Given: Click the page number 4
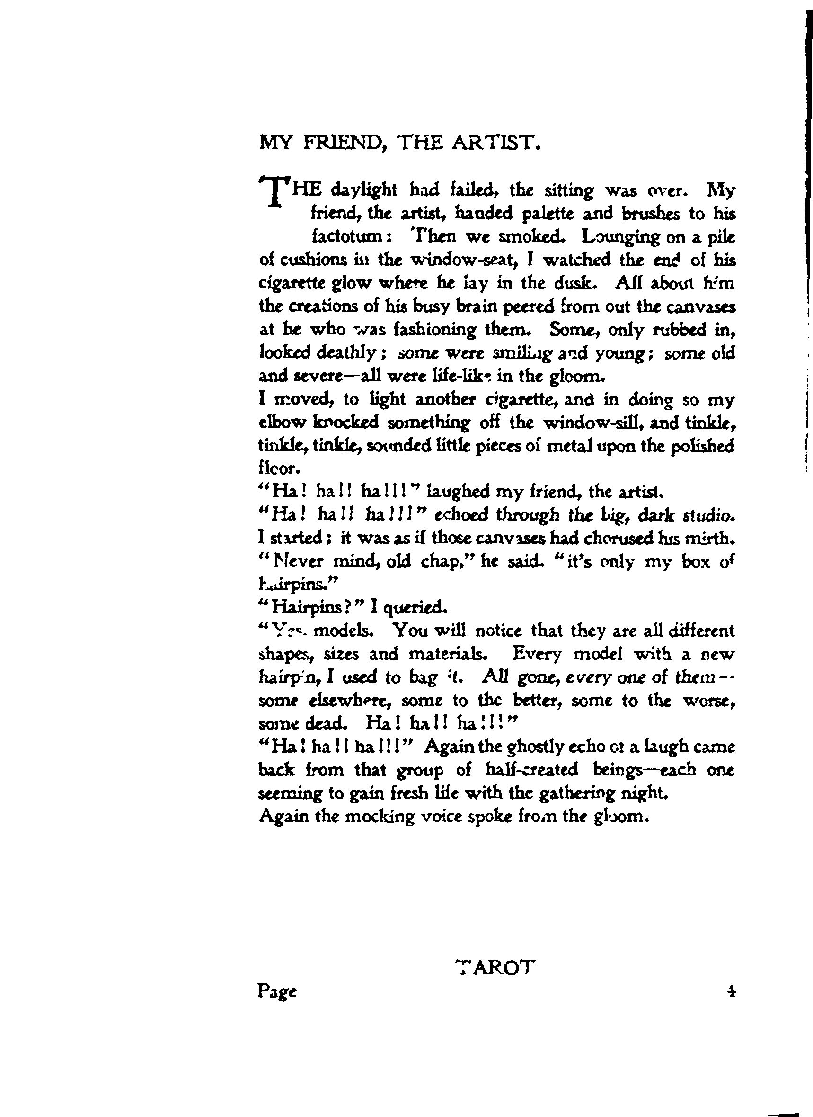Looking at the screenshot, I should click(x=732, y=991).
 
